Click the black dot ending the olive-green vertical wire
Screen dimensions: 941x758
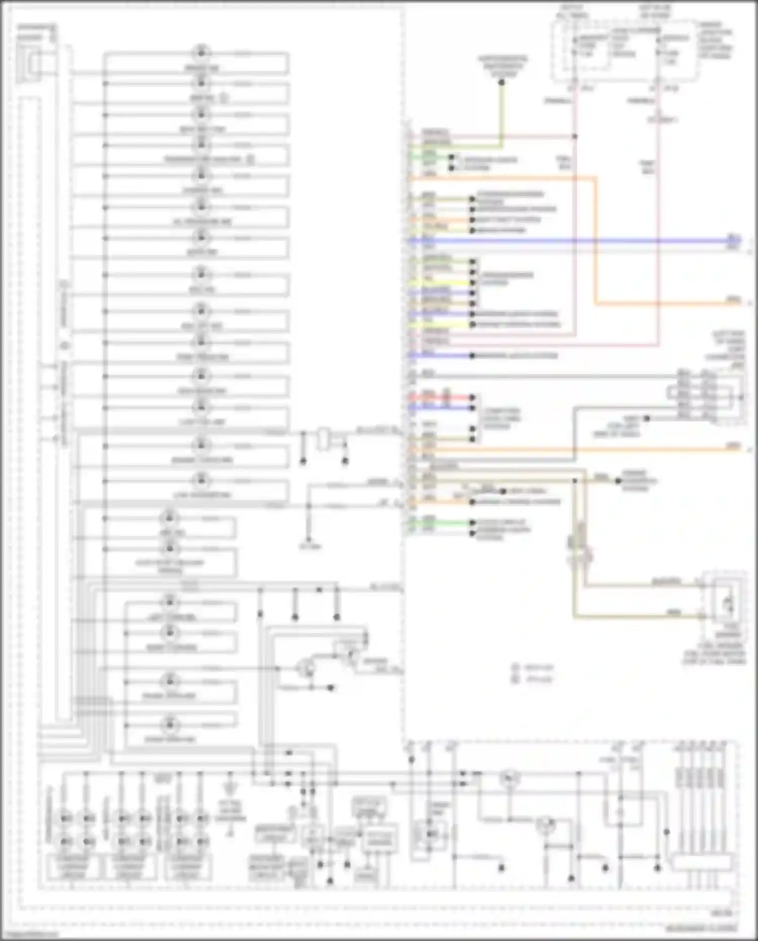pos(502,82)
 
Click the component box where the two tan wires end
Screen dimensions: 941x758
pos(726,602)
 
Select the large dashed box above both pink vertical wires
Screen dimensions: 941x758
pos(626,51)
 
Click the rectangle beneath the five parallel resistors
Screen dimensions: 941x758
pos(702,863)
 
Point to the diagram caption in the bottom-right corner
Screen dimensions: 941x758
pos(700,928)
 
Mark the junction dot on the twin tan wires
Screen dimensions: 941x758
pos(575,481)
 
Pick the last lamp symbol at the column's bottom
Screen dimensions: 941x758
pos(170,725)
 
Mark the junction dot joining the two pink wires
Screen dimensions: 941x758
pos(575,137)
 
